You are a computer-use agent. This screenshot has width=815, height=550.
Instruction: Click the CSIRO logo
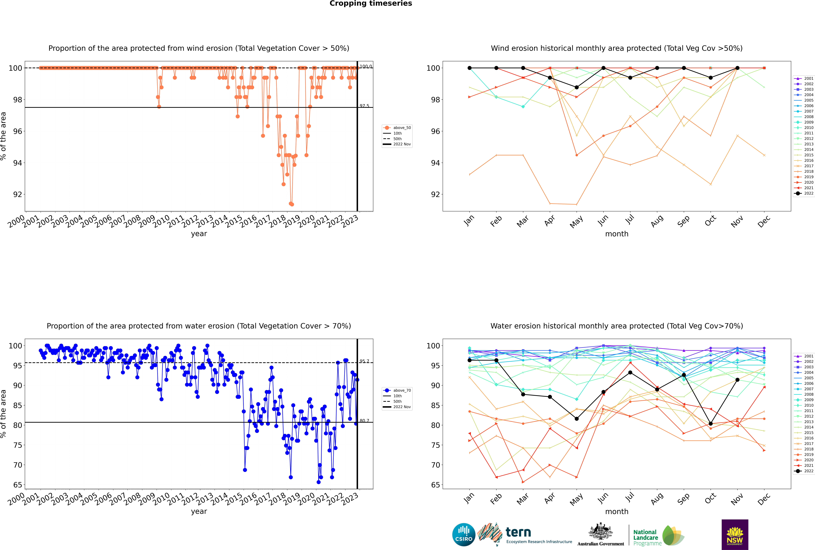click(x=464, y=535)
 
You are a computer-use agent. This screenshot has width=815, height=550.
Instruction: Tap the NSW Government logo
click(x=735, y=534)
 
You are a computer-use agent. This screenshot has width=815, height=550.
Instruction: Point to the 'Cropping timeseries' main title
click(x=371, y=3)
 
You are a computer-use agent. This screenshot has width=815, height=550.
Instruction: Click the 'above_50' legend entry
click(x=402, y=128)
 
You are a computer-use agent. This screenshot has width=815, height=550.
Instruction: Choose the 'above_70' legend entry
click(x=402, y=390)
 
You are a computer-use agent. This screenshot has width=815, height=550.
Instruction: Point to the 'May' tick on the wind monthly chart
click(x=576, y=222)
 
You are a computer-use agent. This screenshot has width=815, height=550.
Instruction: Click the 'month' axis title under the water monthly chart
click(x=617, y=511)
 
